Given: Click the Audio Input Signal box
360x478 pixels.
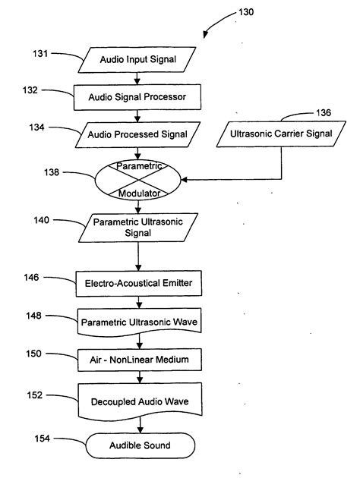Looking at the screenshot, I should (137, 58).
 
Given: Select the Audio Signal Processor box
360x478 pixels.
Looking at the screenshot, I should (137, 96).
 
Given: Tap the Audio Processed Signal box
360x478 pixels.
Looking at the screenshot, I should (137, 134).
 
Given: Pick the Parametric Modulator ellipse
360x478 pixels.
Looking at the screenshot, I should (137, 179).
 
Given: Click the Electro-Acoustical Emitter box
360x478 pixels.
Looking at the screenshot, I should (137, 285).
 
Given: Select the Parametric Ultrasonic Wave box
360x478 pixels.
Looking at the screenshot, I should (137, 321).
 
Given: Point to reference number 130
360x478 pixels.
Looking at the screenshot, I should (247, 12).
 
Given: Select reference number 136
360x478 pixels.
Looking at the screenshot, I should (323, 114).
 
